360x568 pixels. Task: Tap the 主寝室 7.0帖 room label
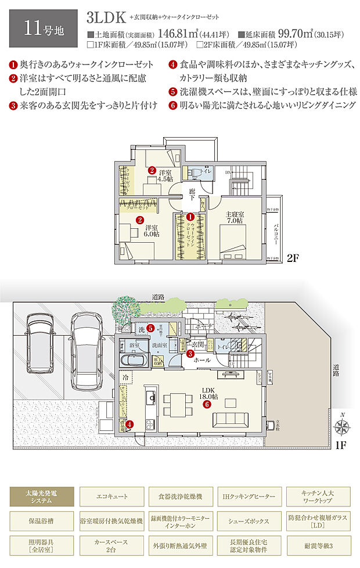click(235, 217)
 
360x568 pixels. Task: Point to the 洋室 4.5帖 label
click(166, 175)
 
